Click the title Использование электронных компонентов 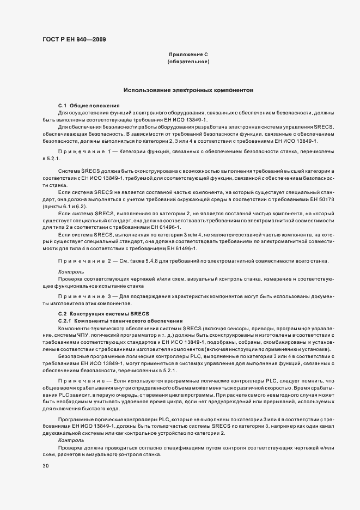(x=188, y=89)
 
